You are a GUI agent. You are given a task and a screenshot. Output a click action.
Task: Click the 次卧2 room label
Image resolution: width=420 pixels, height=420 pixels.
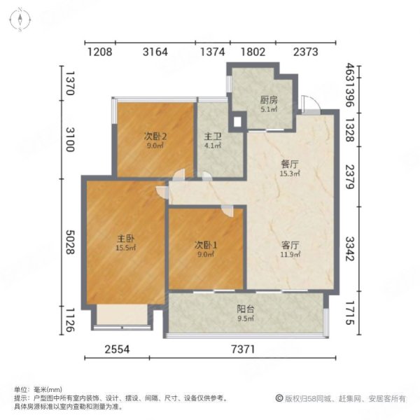click(x=155, y=136)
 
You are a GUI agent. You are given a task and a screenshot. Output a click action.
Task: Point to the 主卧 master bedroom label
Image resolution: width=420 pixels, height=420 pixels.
click(x=126, y=238)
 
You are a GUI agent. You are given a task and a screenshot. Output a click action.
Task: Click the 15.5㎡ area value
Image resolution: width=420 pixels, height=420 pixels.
click(x=126, y=248)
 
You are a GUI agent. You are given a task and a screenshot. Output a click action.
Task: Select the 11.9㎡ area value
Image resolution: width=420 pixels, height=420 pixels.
click(x=290, y=255)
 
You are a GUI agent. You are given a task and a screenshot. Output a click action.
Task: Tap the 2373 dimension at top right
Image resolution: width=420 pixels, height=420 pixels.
click(x=306, y=50)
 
